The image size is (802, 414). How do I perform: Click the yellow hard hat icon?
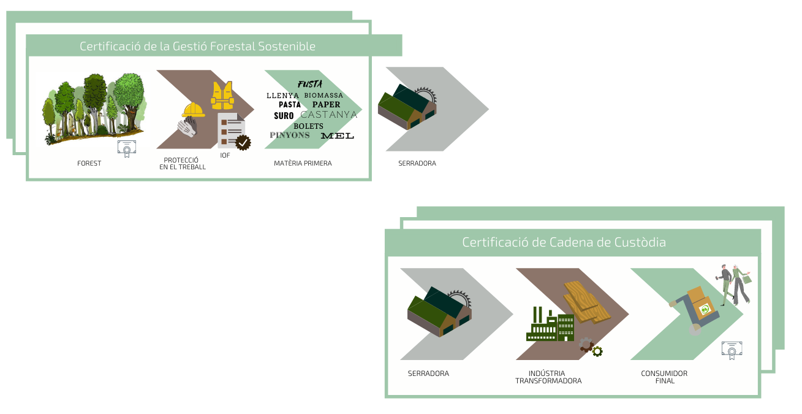click(x=193, y=110)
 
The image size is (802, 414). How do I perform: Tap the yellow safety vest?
click(x=222, y=95)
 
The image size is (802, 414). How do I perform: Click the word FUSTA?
click(x=310, y=84)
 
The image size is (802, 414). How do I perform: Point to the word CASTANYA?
click(x=329, y=115)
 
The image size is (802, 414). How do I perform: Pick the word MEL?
click(x=337, y=136)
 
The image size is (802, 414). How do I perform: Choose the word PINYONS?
click(x=290, y=135)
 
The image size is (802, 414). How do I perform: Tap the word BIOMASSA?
click(x=323, y=96)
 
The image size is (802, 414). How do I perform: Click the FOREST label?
click(x=89, y=163)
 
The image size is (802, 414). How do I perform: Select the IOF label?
click(x=225, y=155)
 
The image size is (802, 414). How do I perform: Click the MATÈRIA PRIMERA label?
click(x=303, y=163)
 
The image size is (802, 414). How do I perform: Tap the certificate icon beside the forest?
click(x=127, y=148)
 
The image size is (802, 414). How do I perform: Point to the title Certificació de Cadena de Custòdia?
click(x=564, y=242)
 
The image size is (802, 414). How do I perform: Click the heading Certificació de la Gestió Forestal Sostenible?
click(x=197, y=46)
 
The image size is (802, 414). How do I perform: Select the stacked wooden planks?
click(x=587, y=301)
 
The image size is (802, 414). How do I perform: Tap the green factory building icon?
click(x=550, y=326)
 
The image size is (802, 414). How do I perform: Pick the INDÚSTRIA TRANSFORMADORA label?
click(x=548, y=377)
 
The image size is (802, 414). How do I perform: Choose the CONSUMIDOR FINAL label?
click(x=664, y=377)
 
